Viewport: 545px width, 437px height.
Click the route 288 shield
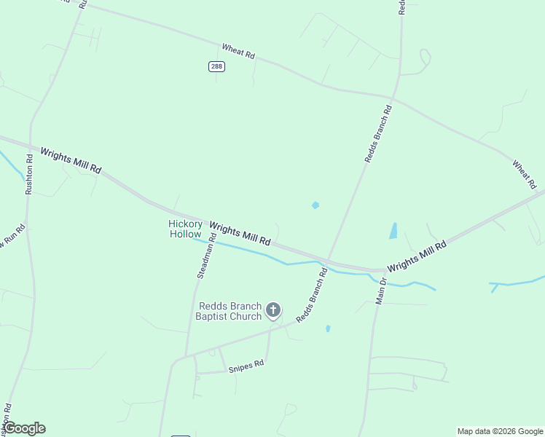tap(216, 66)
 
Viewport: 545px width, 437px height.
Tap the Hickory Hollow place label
tap(185, 229)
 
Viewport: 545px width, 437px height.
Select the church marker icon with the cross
tap(273, 310)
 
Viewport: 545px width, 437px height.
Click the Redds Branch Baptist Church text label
tap(229, 311)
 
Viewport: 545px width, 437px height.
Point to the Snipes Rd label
tap(245, 366)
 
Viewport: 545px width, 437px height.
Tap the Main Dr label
tap(381, 290)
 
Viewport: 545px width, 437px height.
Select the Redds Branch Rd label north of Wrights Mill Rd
tap(378, 133)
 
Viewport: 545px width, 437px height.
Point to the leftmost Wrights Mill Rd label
tap(71, 160)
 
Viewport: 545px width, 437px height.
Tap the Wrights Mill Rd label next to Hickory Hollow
tap(240, 234)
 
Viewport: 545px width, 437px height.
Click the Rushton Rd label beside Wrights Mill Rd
tap(30, 174)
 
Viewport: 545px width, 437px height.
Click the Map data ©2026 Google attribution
tap(500, 431)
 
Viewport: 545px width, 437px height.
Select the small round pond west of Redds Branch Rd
tap(315, 205)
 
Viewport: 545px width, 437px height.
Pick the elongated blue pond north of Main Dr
tap(393, 231)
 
